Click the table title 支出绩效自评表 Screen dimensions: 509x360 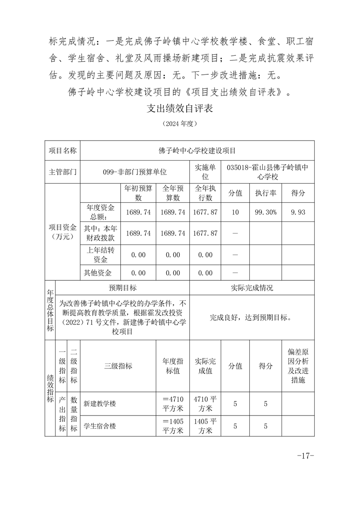click(180, 109)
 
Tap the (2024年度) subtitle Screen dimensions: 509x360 click(180, 123)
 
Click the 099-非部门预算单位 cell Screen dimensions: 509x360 click(135, 172)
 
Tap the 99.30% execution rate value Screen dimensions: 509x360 click(266, 212)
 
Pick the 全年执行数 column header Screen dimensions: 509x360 click(206, 193)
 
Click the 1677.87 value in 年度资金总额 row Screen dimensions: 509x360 click(206, 212)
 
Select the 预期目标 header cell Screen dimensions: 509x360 click(123, 288)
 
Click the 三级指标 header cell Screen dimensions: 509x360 click(118, 366)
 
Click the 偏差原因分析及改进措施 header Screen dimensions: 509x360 click(298, 366)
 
